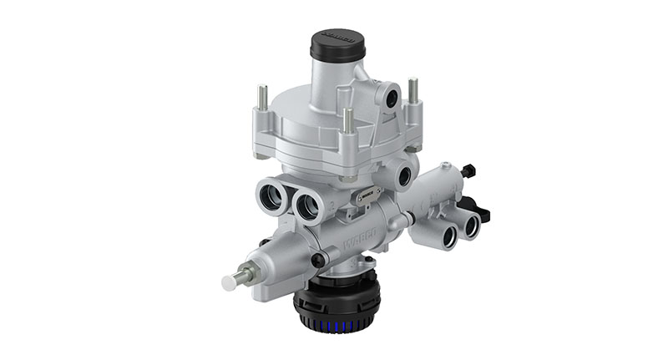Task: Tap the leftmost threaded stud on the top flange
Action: (261, 99)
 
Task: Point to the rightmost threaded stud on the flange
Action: (412, 91)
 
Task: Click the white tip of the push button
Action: (229, 283)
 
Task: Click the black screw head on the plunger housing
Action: (318, 260)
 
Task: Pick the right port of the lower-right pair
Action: (473, 224)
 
